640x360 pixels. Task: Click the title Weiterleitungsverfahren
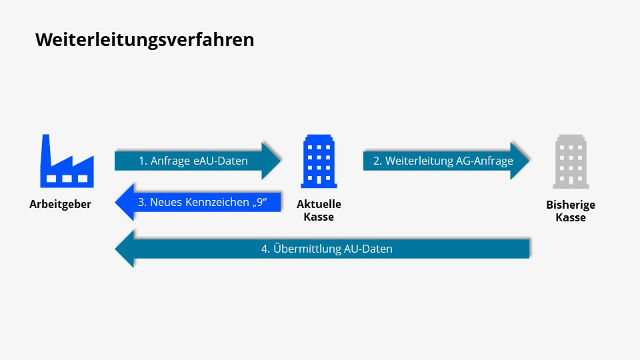tap(145, 39)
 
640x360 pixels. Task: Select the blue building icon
tap(319, 161)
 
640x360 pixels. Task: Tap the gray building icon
tap(570, 161)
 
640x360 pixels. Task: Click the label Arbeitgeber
tap(60, 205)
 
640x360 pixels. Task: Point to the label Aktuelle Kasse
tap(319, 211)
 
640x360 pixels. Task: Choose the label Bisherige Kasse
tap(570, 211)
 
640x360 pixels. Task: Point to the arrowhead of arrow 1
tap(272, 161)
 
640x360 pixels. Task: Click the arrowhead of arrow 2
tap(521, 161)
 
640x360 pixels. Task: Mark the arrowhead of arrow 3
tap(125, 202)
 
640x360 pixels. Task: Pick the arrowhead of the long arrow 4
tap(125, 249)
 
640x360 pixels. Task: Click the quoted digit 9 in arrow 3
tap(269, 202)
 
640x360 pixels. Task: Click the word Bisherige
tap(570, 205)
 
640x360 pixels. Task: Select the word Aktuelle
tap(319, 205)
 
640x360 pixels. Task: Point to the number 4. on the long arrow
tap(265, 249)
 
